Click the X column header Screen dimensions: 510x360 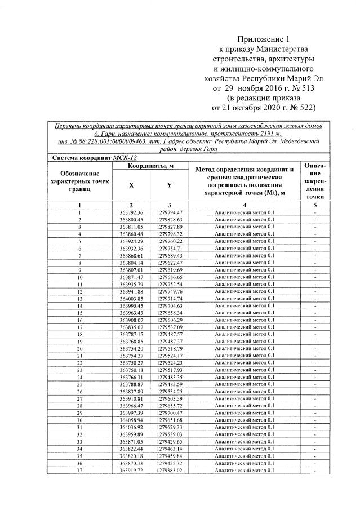pyautogui.click(x=131, y=184)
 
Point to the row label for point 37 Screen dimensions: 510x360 pyautogui.click(x=79, y=470)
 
